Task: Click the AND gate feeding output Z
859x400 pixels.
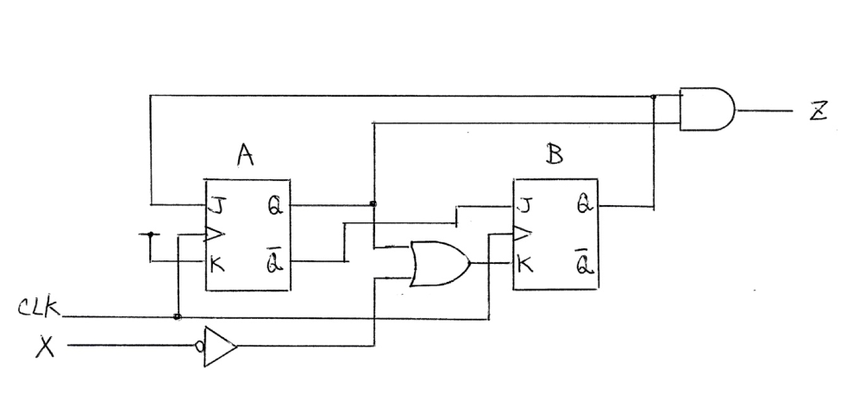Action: (706, 109)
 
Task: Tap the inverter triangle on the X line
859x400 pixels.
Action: (220, 347)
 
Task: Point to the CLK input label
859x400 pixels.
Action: (39, 308)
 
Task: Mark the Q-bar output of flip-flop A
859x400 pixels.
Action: (274, 259)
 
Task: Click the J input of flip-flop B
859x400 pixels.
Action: (524, 207)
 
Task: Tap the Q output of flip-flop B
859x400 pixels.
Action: (582, 207)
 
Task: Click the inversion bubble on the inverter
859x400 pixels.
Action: (201, 347)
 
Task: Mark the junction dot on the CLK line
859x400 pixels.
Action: (177, 316)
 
